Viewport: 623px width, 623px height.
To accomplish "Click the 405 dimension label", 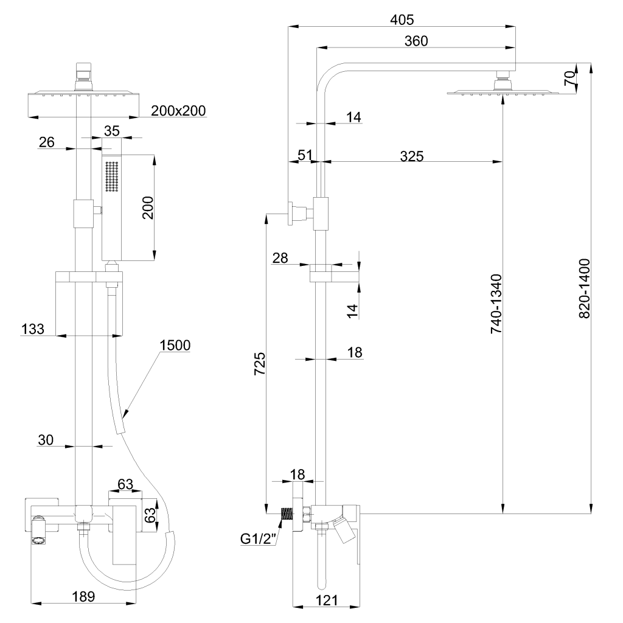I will (402, 19).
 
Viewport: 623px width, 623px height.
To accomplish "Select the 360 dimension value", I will (416, 41).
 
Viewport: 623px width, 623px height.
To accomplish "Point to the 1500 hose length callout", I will (175, 345).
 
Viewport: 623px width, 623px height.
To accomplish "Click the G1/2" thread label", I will (258, 538).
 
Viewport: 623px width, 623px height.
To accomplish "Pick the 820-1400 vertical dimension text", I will (585, 288).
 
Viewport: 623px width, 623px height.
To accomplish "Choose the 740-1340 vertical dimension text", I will (496, 304).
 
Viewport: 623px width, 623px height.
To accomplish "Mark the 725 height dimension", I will (259, 365).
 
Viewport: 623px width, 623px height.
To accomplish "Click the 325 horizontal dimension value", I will (411, 155).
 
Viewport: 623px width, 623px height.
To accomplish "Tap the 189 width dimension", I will (83, 597).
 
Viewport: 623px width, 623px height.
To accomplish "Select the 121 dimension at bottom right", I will (327, 600).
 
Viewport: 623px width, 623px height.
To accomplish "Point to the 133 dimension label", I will (32, 329).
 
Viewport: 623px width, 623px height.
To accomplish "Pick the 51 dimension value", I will (305, 155).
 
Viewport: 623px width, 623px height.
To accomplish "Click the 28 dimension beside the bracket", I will (280, 259).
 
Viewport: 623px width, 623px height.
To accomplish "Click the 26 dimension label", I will (46, 142).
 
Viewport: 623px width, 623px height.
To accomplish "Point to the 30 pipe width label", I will (46, 439).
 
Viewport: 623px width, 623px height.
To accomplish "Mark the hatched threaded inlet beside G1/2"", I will (285, 513).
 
